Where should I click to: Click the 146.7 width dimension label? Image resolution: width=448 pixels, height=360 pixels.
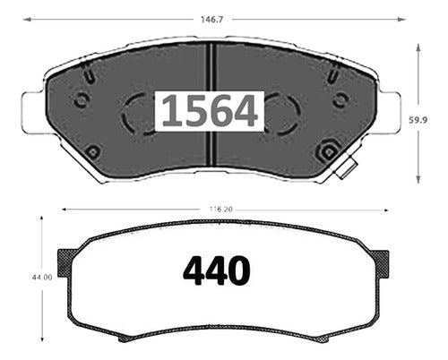tap(211, 20)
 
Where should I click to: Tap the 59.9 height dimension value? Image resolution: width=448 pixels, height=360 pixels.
tap(418, 120)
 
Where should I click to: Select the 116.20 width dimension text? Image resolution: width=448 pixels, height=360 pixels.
tap(220, 210)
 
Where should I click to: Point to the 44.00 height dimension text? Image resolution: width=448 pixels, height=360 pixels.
tap(42, 278)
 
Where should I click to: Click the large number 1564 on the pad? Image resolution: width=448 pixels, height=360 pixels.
tap(210, 110)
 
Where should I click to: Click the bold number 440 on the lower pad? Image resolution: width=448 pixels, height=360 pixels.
tap(217, 270)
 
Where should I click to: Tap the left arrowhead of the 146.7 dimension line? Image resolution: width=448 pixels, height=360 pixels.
tap(27, 20)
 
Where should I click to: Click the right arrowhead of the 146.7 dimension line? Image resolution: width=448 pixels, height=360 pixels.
tap(401, 20)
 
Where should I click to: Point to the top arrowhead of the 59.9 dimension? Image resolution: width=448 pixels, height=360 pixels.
tap(418, 47)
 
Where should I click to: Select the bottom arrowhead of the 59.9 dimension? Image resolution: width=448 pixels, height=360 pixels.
tap(418, 179)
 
